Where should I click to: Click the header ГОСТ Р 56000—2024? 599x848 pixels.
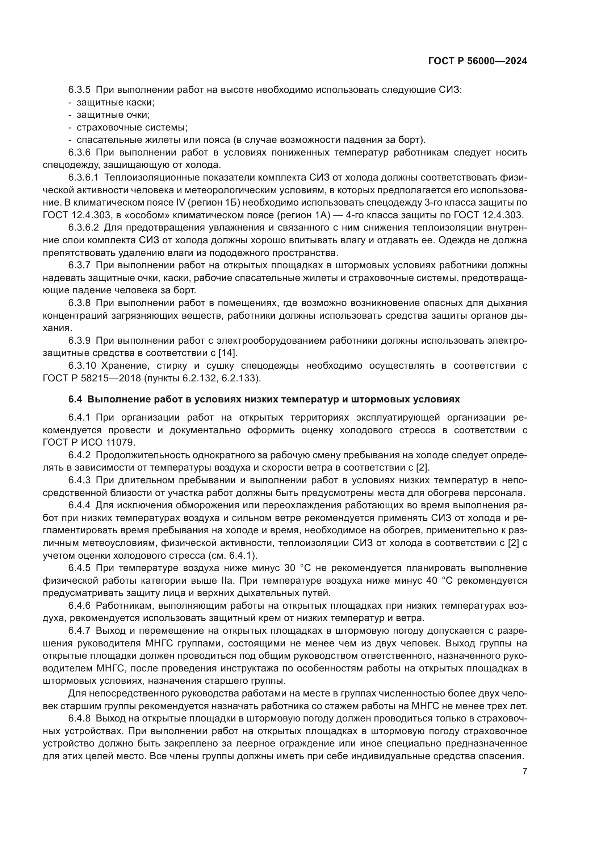click(478, 61)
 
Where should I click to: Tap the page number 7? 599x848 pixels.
click(525, 771)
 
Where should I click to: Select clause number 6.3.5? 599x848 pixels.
click(79, 90)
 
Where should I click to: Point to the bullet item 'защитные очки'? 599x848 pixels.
click(113, 115)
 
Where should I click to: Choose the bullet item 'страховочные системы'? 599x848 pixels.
click(132, 127)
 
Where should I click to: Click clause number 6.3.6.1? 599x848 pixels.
click(83, 178)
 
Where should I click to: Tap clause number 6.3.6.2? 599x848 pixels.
click(83, 228)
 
